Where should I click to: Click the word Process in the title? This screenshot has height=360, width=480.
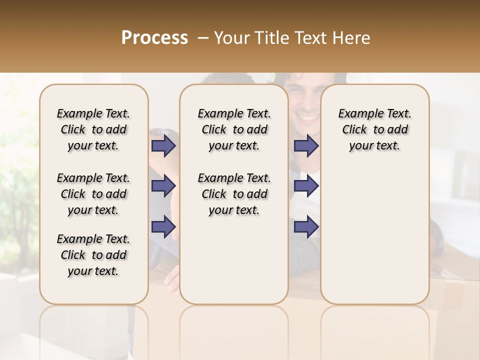[x=154, y=38]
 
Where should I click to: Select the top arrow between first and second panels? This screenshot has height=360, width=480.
[x=163, y=145]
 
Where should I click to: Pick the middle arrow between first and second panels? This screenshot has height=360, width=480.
[x=163, y=186]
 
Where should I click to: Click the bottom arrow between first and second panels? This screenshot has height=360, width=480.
[x=163, y=226]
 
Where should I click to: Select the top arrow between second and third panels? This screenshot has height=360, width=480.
[x=306, y=145]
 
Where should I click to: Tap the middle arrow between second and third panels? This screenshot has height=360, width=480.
[x=306, y=186]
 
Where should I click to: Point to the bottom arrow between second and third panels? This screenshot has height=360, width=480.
[x=306, y=226]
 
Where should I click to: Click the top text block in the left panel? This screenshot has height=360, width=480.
[x=93, y=129]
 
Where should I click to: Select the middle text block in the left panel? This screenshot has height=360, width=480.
[x=93, y=194]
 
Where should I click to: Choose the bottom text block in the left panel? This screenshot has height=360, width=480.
[x=93, y=255]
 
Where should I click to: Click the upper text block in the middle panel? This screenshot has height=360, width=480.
[x=234, y=129]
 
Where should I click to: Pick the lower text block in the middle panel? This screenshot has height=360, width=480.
[x=234, y=194]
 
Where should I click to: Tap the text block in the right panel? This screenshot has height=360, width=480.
[x=374, y=129]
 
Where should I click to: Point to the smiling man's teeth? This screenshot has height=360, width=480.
[x=307, y=118]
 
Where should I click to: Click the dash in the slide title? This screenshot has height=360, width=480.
[x=203, y=38]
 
